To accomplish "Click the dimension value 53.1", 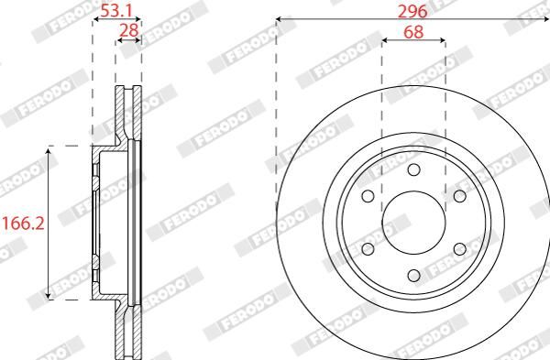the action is point(116,12).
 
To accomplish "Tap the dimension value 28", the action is point(129,30).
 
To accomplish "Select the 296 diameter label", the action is point(412,12).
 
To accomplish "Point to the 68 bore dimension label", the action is point(413,32).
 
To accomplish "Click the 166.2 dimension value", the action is point(24,224).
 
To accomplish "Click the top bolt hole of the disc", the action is point(414,169).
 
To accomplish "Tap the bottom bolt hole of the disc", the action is point(414,276).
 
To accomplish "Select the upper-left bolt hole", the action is point(368,196).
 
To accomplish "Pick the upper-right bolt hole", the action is point(460,196).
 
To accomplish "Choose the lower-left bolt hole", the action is point(368,249).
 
